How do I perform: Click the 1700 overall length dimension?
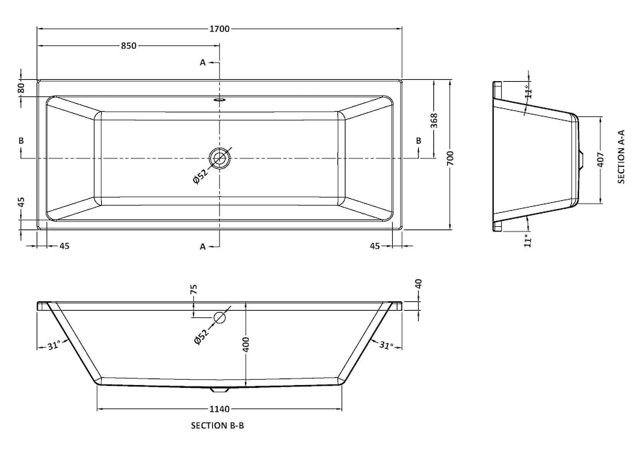point(220,29)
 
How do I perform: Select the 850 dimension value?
point(128,46)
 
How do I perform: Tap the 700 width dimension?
point(450,158)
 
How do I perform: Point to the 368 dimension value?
point(434,120)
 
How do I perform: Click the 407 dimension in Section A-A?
point(601,160)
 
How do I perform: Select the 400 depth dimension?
point(246,344)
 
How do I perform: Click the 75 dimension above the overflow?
point(194,289)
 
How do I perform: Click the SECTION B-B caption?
point(218,426)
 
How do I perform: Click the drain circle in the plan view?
point(219,158)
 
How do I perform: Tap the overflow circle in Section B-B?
point(219,317)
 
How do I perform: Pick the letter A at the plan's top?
point(203,63)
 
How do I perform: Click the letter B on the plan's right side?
point(419,140)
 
